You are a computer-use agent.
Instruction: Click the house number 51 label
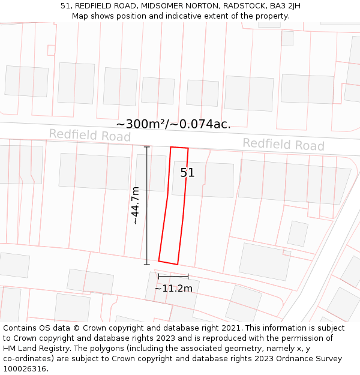click(188, 173)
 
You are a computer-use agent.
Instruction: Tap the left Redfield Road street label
click(89, 135)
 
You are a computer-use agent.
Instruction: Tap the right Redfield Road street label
click(283, 145)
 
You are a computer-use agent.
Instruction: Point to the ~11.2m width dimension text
click(173, 289)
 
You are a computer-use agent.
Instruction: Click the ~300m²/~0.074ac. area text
click(173, 124)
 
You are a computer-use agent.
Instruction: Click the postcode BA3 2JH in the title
click(286, 6)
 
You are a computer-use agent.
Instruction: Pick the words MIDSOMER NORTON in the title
click(181, 6)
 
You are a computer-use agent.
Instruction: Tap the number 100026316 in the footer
click(25, 368)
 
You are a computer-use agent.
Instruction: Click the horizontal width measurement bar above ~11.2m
click(173, 277)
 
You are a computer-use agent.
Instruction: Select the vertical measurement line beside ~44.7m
click(147, 205)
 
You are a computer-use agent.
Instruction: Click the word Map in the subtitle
click(80, 16)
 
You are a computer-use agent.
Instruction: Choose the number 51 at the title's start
click(65, 6)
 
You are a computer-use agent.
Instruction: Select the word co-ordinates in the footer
click(27, 358)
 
